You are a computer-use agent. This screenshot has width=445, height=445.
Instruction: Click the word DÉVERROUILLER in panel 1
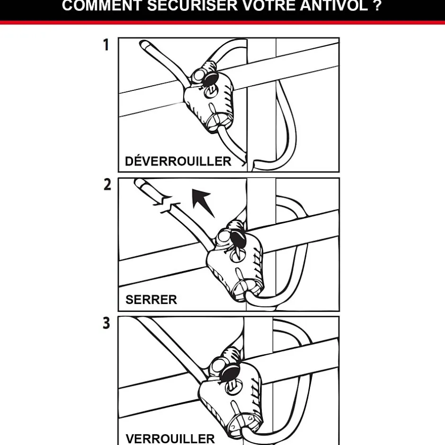pyautogui.click(x=178, y=161)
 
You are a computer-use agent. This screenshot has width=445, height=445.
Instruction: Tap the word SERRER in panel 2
pyautogui.click(x=151, y=300)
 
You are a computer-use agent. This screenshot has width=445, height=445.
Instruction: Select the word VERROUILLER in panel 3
pyautogui.click(x=170, y=438)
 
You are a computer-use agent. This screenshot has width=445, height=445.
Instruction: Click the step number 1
pyautogui.click(x=106, y=45)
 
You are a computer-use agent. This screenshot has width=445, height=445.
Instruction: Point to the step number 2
pyautogui.click(x=107, y=185)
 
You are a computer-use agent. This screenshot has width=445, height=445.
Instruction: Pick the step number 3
pyautogui.click(x=107, y=324)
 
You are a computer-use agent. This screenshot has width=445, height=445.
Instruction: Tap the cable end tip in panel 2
pyautogui.click(x=140, y=182)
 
